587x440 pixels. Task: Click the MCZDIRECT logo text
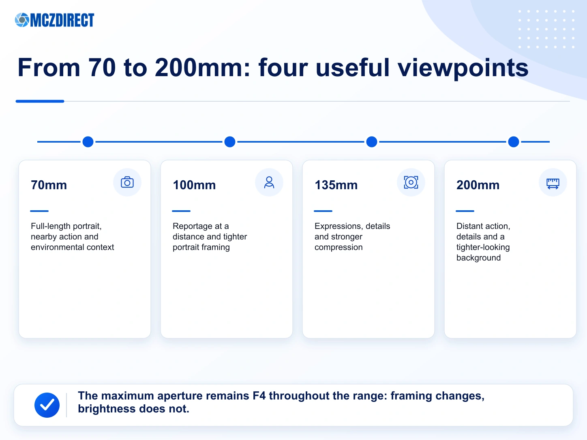(x=62, y=20)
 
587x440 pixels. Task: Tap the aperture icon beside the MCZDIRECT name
(x=22, y=20)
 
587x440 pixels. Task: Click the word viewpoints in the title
(x=463, y=68)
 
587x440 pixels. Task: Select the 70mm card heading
(x=49, y=185)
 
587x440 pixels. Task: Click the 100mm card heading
(x=194, y=185)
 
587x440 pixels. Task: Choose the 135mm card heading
(x=336, y=185)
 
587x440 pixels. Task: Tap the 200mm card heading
(x=478, y=185)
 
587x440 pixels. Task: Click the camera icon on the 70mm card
(x=127, y=182)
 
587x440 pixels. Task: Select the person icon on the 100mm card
(x=269, y=182)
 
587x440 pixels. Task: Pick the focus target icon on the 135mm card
(x=411, y=182)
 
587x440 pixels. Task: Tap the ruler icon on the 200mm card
(x=553, y=184)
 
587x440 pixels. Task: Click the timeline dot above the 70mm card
(x=88, y=141)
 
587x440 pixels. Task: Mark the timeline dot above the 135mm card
(x=372, y=141)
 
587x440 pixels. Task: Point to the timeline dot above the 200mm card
(x=514, y=141)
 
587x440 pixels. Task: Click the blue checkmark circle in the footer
(x=47, y=405)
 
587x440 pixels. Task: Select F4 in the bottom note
(x=259, y=396)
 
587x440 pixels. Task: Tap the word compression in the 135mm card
(x=338, y=248)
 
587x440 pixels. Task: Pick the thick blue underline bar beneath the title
(x=40, y=101)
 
